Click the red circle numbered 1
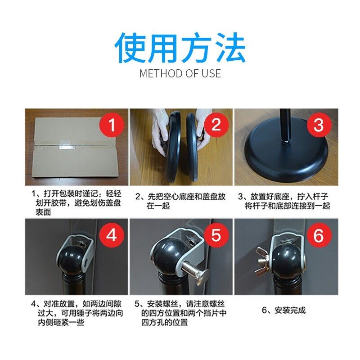click(x=112, y=125)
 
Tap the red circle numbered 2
click(x=216, y=125)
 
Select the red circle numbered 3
click(x=319, y=125)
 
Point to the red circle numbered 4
click(x=112, y=235)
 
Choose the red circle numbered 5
click(x=216, y=235)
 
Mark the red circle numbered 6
click(x=319, y=235)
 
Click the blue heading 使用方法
click(x=180, y=48)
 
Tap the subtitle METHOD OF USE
click(x=180, y=73)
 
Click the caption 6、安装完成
click(x=284, y=310)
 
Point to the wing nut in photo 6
click(x=262, y=261)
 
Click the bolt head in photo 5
click(x=202, y=278)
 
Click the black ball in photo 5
click(x=166, y=255)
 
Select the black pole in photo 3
click(x=285, y=126)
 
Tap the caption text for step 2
click(x=180, y=201)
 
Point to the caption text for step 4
click(x=77, y=313)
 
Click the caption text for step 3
click(x=284, y=201)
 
